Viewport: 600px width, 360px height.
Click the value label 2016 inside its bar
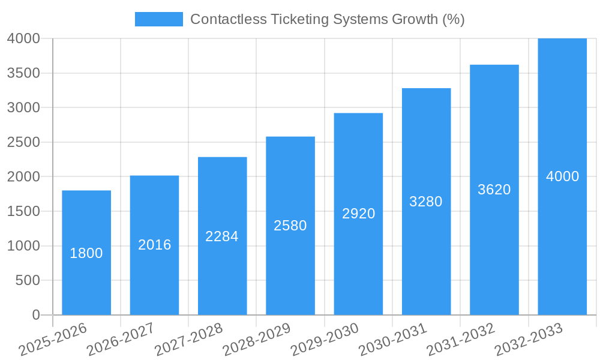click(154, 245)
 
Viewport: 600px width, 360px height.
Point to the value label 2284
click(222, 236)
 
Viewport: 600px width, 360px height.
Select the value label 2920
click(358, 214)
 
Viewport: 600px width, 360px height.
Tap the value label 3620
click(494, 190)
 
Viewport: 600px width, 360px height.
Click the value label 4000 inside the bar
click(562, 176)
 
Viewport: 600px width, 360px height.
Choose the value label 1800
click(86, 253)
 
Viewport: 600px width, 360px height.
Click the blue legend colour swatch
click(158, 19)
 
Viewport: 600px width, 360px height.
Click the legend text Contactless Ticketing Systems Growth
click(327, 19)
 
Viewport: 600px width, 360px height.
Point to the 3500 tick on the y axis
click(23, 73)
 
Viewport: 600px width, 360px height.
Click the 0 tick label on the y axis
click(35, 315)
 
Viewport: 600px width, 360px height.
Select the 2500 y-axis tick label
click(23, 142)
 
